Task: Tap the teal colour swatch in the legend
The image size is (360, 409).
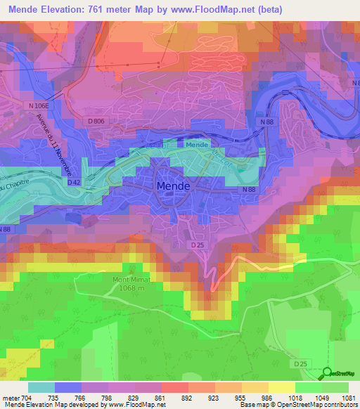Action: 41,387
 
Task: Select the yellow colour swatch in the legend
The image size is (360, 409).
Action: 281,387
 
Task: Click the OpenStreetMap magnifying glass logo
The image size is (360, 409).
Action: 327,375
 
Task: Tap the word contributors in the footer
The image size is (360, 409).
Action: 339,405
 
